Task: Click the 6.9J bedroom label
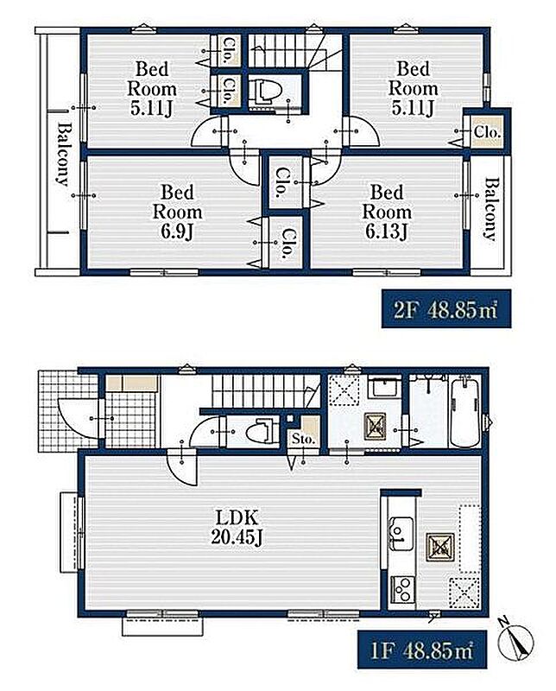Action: [178, 212]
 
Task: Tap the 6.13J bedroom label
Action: [387, 212]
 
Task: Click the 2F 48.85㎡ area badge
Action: [445, 308]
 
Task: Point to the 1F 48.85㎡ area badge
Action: [421, 650]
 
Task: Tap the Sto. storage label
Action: [304, 439]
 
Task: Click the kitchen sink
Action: [401, 534]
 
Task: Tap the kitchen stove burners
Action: [402, 590]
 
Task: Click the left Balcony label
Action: [63, 154]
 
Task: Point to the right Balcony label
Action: [490, 208]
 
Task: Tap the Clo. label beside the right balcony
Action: [487, 131]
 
